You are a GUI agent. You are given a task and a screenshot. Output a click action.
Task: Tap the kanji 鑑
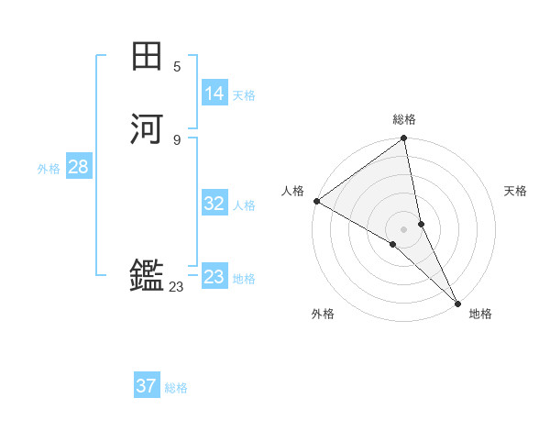click(x=148, y=276)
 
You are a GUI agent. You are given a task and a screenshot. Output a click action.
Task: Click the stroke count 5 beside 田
click(x=177, y=66)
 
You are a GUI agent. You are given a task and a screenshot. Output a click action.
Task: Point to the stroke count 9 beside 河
click(x=177, y=139)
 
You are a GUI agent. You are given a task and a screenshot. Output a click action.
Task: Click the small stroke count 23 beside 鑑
click(x=176, y=287)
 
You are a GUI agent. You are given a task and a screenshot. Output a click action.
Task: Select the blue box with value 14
click(x=214, y=94)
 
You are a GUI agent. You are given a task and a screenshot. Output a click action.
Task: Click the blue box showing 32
click(x=214, y=204)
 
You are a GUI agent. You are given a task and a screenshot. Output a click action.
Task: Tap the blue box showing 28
click(x=78, y=167)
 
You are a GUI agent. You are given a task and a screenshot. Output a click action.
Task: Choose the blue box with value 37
click(x=147, y=386)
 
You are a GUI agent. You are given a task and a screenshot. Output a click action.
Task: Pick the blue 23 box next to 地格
click(x=214, y=277)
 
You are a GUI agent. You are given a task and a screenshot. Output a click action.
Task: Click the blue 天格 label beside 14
click(x=244, y=95)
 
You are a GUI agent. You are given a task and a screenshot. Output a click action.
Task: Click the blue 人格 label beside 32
click(x=244, y=205)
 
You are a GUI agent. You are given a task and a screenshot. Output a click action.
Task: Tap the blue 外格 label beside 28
click(x=49, y=169)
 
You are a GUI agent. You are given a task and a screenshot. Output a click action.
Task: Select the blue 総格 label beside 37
click(x=176, y=388)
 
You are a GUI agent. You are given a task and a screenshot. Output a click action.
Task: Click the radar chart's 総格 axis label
click(x=404, y=119)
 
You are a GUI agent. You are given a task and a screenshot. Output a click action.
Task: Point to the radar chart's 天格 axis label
click(x=516, y=191)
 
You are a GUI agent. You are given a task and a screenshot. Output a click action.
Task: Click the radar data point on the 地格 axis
click(x=457, y=302)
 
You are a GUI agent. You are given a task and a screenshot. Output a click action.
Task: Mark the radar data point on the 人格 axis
click(x=316, y=201)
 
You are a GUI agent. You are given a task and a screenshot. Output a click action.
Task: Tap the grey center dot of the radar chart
click(x=404, y=229)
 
